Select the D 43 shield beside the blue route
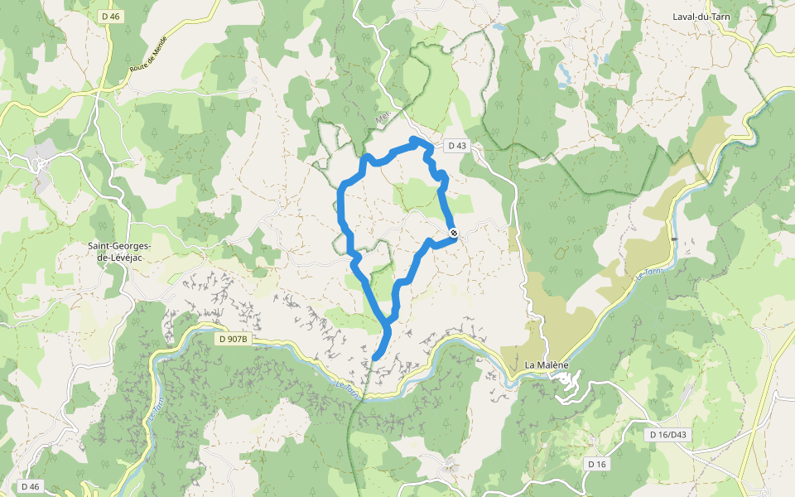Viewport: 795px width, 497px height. click(457, 146)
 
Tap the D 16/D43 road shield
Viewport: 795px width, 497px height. click(668, 434)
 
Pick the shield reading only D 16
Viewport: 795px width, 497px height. click(597, 464)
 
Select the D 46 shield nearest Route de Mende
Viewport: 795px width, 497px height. click(110, 16)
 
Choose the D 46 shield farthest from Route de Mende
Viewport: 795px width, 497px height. click(29, 486)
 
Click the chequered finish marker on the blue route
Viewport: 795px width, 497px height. click(453, 233)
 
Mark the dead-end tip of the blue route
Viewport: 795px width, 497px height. click(376, 357)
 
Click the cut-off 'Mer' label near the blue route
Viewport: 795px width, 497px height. click(383, 118)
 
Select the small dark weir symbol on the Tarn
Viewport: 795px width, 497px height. click(674, 239)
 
